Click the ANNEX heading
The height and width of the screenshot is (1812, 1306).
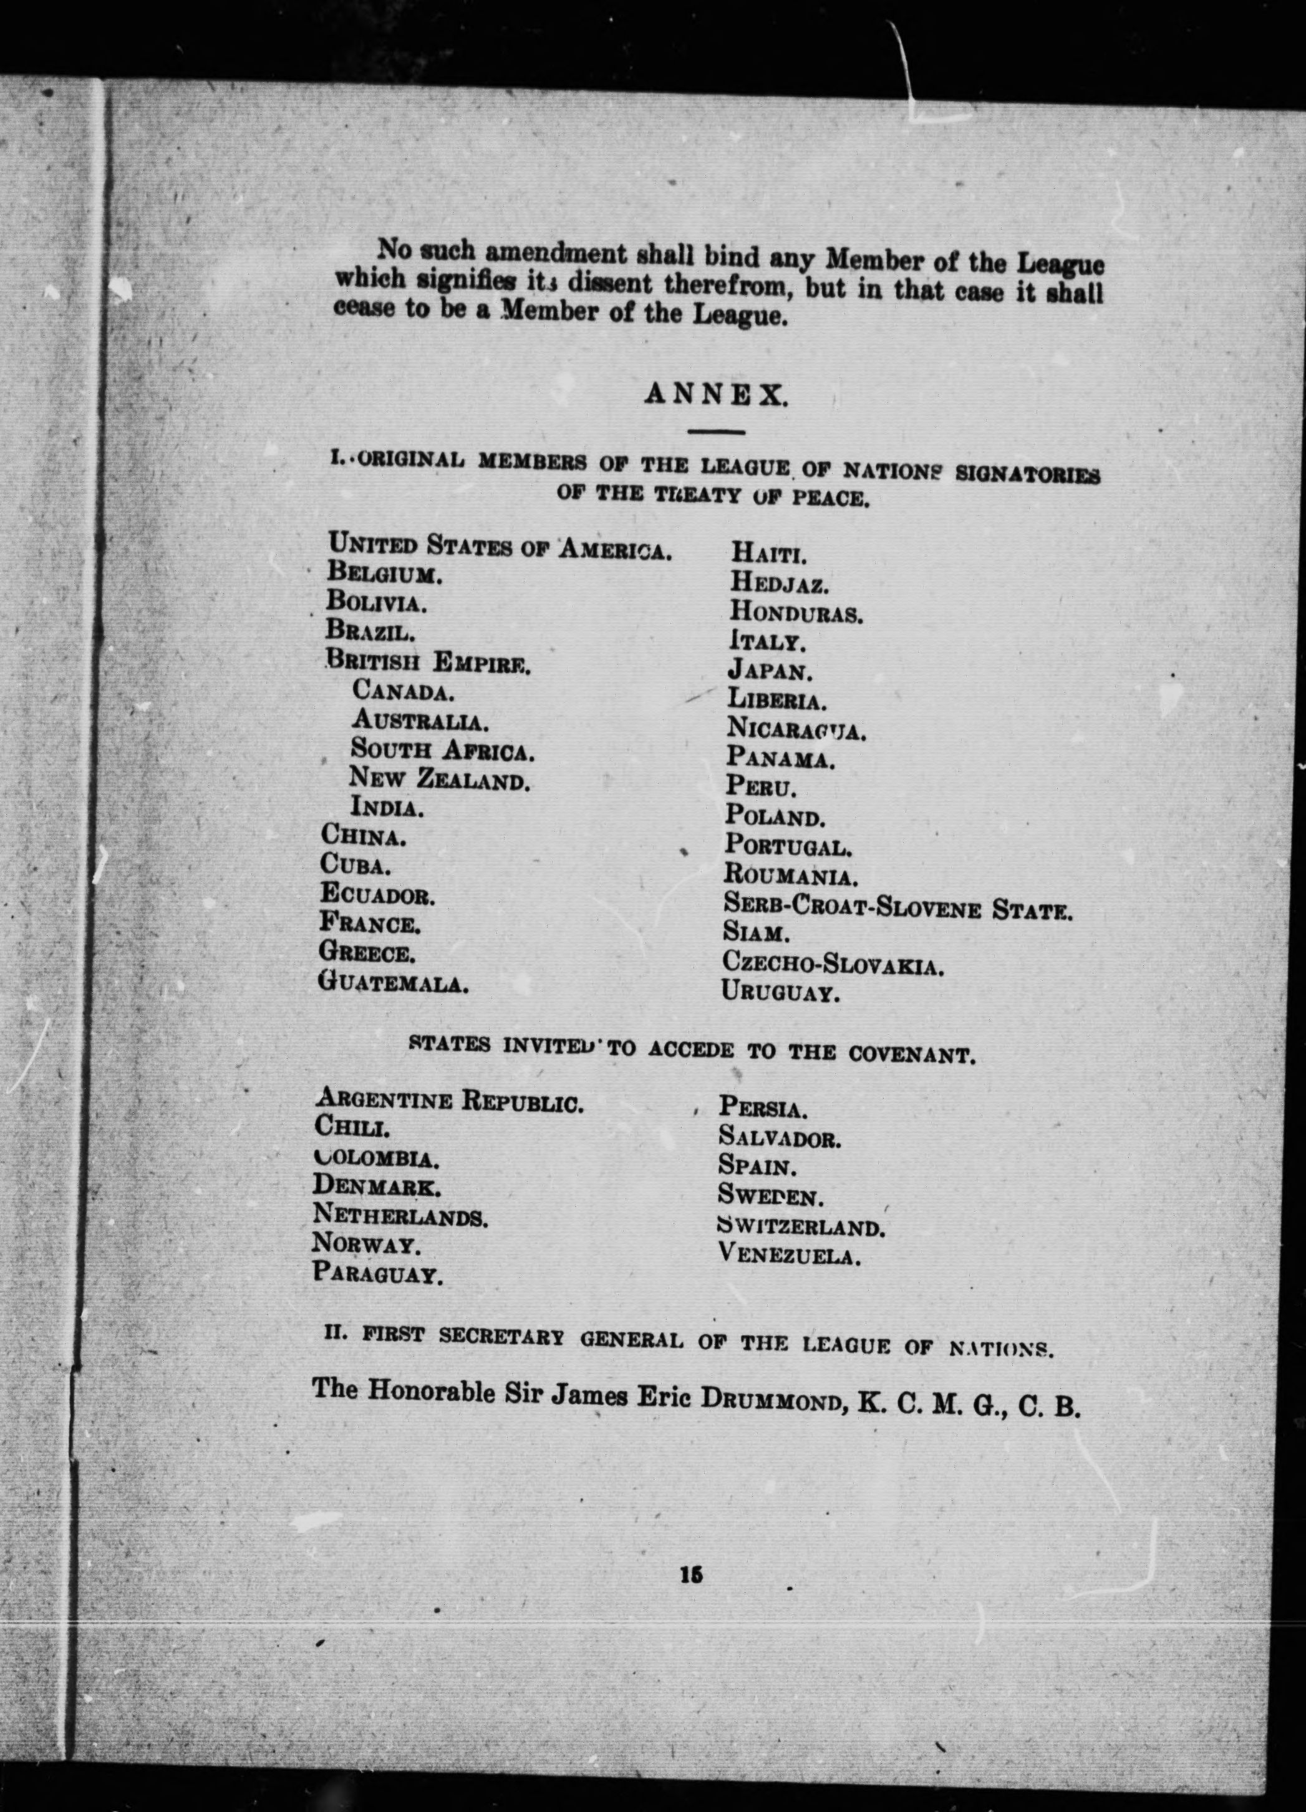coord(716,395)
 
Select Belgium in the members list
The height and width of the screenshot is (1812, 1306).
coord(384,573)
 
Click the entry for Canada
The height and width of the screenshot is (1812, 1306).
coord(404,690)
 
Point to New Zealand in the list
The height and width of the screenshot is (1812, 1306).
coord(439,779)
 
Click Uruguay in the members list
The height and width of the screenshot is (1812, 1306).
coord(780,994)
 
